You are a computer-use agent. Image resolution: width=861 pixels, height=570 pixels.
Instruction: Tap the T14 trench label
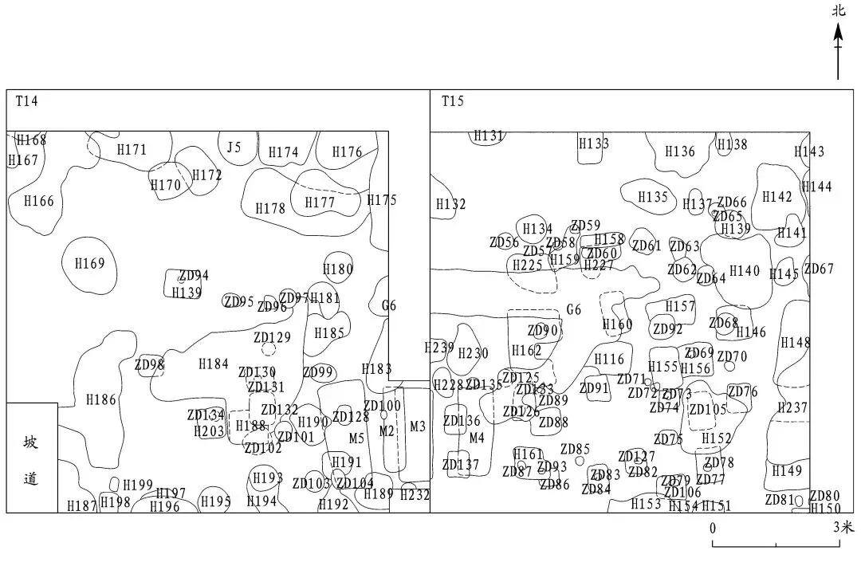coord(27,101)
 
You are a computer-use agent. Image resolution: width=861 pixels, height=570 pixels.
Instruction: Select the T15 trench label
coord(453,101)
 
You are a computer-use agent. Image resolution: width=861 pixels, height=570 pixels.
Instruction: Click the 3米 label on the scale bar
coord(843,528)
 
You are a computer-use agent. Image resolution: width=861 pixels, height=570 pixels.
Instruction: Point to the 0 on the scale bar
coord(713,528)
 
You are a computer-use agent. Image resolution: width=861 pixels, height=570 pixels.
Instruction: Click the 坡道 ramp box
coord(31,458)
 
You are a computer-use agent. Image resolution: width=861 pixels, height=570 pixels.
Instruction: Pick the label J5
coord(233,147)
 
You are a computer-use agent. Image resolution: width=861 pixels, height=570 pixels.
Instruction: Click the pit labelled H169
coord(89,263)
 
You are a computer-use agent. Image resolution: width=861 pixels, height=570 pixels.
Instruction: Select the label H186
coord(101,399)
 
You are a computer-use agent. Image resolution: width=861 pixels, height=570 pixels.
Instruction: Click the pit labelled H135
coord(653,197)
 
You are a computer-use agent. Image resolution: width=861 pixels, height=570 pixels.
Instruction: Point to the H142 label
coord(777,197)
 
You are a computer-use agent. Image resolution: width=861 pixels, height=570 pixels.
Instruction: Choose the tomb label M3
coord(418,427)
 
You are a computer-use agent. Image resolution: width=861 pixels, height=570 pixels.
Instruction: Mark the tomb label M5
coord(356,438)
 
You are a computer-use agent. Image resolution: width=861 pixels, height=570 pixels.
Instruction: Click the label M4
coord(477,438)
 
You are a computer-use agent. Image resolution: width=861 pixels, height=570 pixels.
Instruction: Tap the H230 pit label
coord(474,353)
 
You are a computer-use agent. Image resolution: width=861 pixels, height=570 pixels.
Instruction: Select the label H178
coord(270,208)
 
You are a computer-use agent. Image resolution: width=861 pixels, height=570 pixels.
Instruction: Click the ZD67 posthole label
coord(819,269)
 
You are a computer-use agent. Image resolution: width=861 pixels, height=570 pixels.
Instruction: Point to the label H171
coord(132,149)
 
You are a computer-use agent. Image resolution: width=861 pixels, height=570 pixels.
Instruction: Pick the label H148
coord(795,342)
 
